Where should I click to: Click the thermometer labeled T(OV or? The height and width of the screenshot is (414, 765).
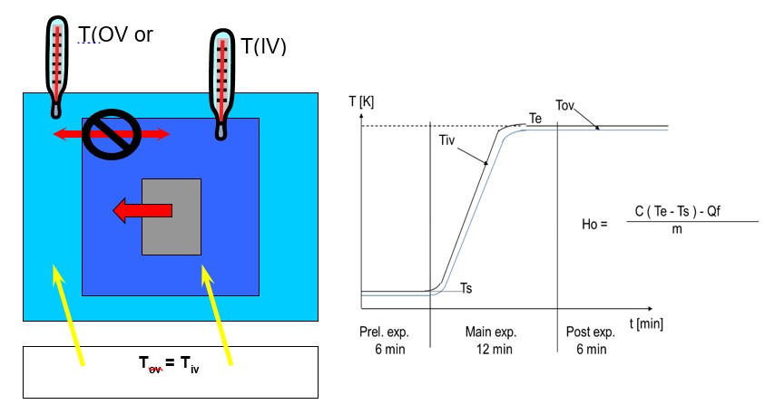(x=57, y=63)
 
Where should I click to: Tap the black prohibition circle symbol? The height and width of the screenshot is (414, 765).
(x=110, y=134)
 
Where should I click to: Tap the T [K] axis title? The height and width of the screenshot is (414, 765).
(x=360, y=101)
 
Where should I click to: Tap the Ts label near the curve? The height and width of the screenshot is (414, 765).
(x=466, y=288)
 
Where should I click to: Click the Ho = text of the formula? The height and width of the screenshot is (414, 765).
(x=593, y=221)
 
